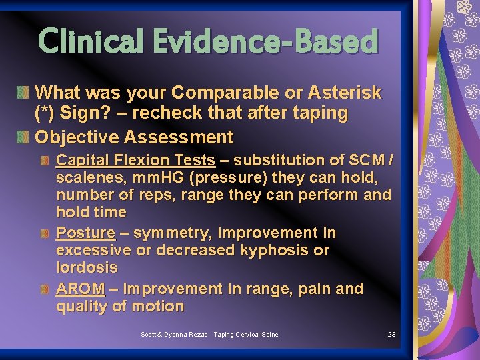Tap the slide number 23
coord(391,334)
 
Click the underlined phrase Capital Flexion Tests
coord(135,160)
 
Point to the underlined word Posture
coord(85,233)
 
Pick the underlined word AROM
coord(80,289)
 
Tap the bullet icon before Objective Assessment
coord(24,138)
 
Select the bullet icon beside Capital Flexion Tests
coord(45,161)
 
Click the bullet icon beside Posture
coord(45,234)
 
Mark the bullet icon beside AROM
coord(45,290)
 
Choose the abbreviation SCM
coord(365,160)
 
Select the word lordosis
coord(87,268)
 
